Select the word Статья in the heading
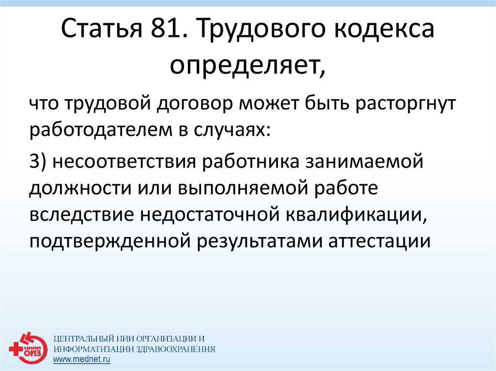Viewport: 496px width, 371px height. coord(101,29)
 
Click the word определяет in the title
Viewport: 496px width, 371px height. coord(248,66)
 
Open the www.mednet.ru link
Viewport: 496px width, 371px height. coord(81,359)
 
